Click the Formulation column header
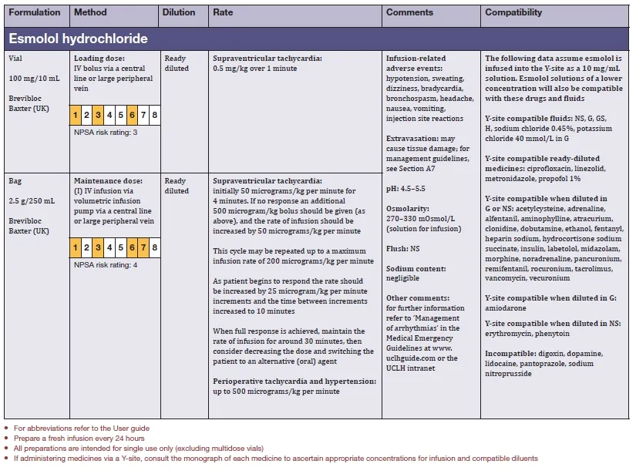coord(35,13)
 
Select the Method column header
coord(91,13)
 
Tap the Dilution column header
coord(179,13)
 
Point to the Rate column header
coord(223,13)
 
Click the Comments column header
coord(409,13)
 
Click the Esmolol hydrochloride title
coord(78,39)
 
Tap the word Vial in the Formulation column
coord(16,59)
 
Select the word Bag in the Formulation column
coord(15,181)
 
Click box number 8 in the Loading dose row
coord(155,116)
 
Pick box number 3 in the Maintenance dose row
coord(98,247)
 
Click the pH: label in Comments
coord(392,188)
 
